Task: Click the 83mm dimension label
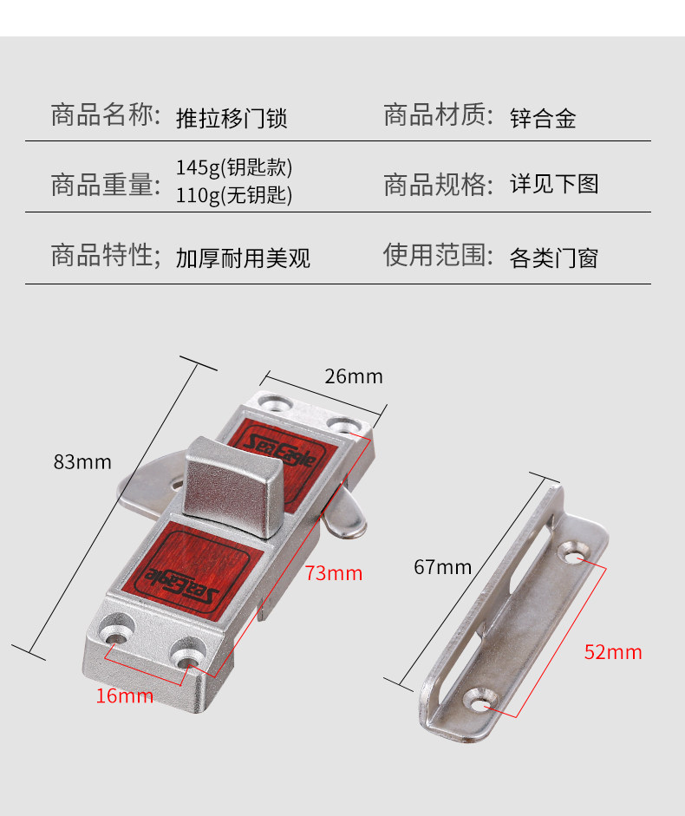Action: point(82,462)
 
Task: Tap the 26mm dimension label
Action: point(353,376)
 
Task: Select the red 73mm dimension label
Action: point(333,573)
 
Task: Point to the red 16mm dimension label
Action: point(124,695)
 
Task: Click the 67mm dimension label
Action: point(442,567)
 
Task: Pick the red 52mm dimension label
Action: point(612,652)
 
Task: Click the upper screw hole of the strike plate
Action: point(573,550)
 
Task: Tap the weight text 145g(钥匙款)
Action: point(234,166)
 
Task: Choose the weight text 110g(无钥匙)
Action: point(234,195)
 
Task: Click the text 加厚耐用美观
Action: point(243,258)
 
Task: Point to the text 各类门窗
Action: point(554,258)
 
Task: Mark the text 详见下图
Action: point(554,184)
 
